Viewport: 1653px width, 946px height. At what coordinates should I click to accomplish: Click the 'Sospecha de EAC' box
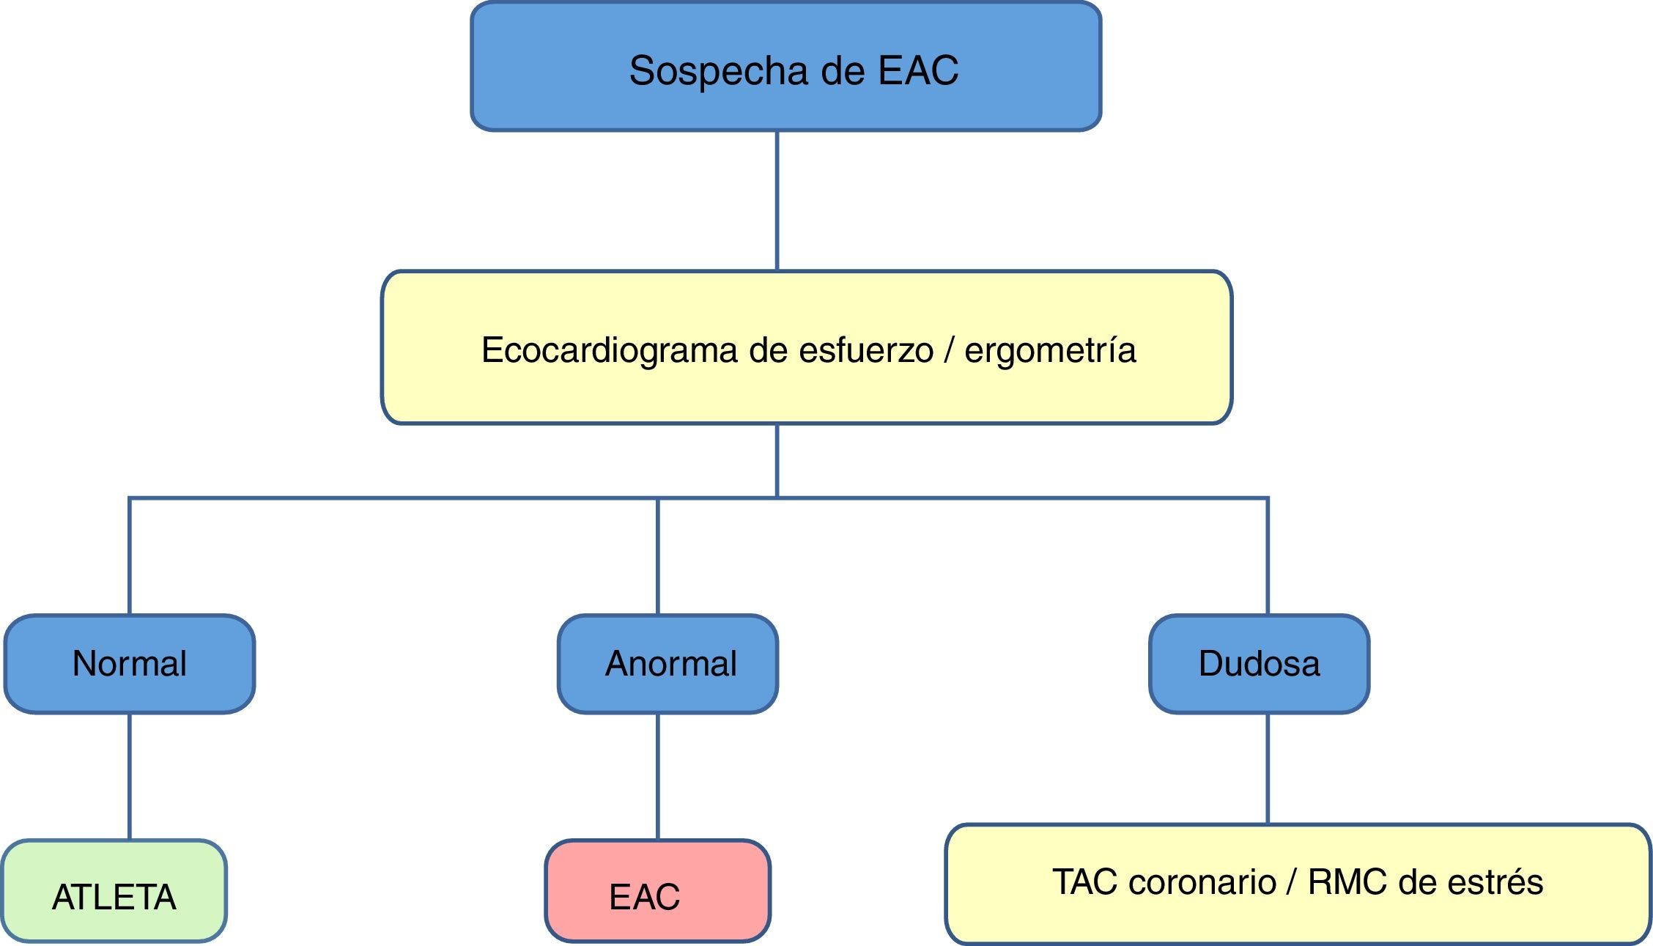pos(785,67)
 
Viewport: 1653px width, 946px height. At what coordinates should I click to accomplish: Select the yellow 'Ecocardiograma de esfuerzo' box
pos(806,347)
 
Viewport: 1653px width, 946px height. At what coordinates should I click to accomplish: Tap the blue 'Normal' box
pos(130,664)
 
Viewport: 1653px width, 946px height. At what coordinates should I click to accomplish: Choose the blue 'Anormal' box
pos(668,664)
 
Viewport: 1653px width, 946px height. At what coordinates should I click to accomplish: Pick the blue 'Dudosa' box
pos(1259,664)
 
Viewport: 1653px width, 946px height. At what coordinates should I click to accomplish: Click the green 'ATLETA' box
pos(114,891)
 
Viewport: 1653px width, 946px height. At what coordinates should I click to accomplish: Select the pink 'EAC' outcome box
pos(657,891)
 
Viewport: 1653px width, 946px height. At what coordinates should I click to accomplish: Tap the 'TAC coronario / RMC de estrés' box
pos(1298,884)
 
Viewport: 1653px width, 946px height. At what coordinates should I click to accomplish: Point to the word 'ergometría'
pos(1050,350)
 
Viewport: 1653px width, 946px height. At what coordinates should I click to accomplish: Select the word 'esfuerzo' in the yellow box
pos(866,350)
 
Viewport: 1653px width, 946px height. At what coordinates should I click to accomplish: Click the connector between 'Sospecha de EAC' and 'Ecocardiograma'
pos(777,201)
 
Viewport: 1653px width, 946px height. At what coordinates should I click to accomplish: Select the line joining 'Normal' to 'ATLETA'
pos(130,777)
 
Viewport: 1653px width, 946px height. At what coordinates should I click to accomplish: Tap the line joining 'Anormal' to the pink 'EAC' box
pos(657,777)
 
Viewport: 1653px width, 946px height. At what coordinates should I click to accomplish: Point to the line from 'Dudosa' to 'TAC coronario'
pos(1268,769)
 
